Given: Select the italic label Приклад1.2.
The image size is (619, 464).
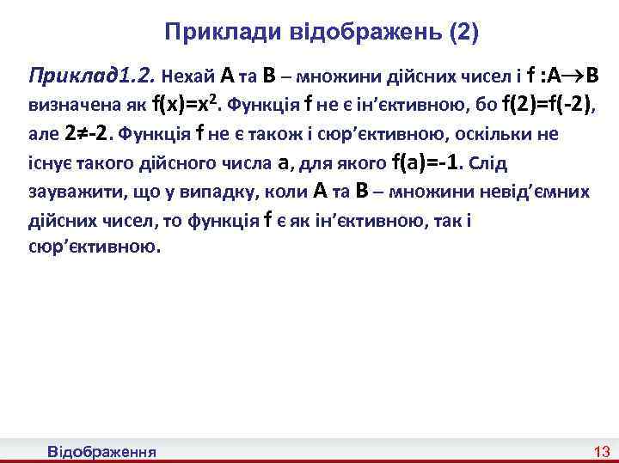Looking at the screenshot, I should coord(89,75).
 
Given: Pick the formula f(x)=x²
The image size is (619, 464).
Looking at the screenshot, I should coord(187,106).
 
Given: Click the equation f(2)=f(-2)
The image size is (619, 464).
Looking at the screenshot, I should coord(547,106).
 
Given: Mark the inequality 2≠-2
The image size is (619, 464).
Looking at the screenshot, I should coord(89,134).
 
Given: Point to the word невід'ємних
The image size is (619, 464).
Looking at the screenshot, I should coord(541,192).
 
